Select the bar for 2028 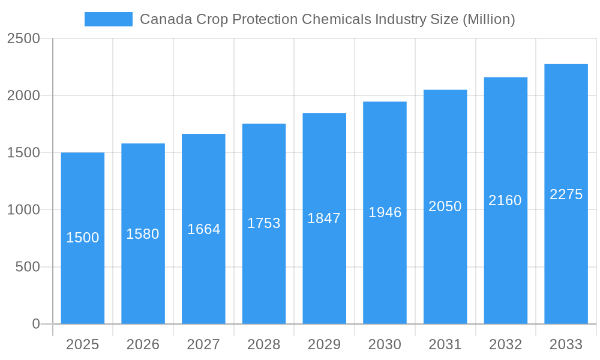264,270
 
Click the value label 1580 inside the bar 143,234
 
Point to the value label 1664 204,229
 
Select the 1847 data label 324,218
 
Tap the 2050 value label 445,206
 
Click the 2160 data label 505,200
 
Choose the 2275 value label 566,194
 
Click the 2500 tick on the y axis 23,38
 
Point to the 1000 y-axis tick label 23,210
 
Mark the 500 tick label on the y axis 28,267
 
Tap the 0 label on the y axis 36,324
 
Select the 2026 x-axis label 143,344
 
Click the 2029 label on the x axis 324,344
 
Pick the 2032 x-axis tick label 505,344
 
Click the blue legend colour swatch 109,19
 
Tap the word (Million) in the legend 488,19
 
